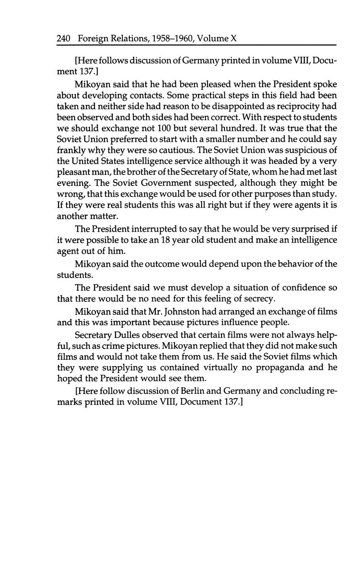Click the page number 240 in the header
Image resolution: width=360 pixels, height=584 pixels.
63,39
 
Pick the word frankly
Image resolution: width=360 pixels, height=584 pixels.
71,150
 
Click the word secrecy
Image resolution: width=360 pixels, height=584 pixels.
258,299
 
